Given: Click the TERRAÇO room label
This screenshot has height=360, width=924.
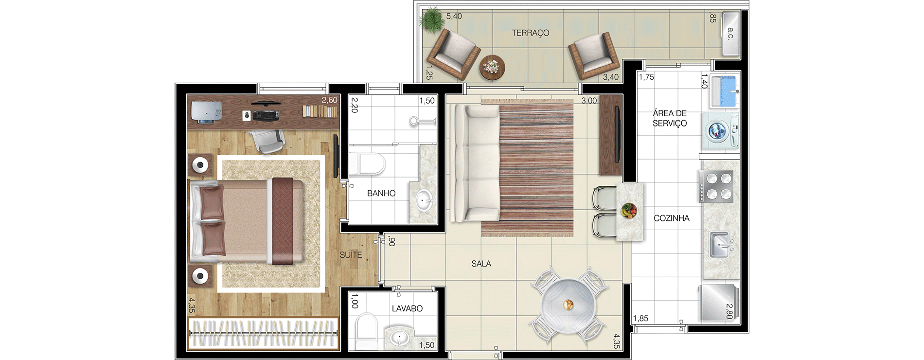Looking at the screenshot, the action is tap(531, 33).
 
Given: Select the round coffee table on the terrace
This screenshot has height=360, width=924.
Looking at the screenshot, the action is tap(493, 67).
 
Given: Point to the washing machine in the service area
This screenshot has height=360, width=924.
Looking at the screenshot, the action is tap(721, 131).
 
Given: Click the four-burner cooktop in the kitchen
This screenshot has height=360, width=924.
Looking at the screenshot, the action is tap(716, 186).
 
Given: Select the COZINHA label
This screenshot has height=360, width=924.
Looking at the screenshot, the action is tap(672, 218).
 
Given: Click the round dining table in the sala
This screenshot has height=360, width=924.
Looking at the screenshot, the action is tap(568, 305).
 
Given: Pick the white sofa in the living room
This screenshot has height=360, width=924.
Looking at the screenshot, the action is tap(475, 163).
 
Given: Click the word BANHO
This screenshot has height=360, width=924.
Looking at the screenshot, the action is tap(381, 194).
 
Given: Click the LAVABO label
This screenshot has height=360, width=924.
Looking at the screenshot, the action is tap(407, 308).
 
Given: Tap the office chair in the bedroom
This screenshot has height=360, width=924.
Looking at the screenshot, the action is tap(266, 141).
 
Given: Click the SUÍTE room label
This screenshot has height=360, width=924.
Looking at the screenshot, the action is tap(351, 255).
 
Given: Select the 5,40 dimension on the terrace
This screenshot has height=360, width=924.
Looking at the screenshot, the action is tap(454, 17).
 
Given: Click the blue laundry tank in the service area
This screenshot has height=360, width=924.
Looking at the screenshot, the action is tap(724, 91).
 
